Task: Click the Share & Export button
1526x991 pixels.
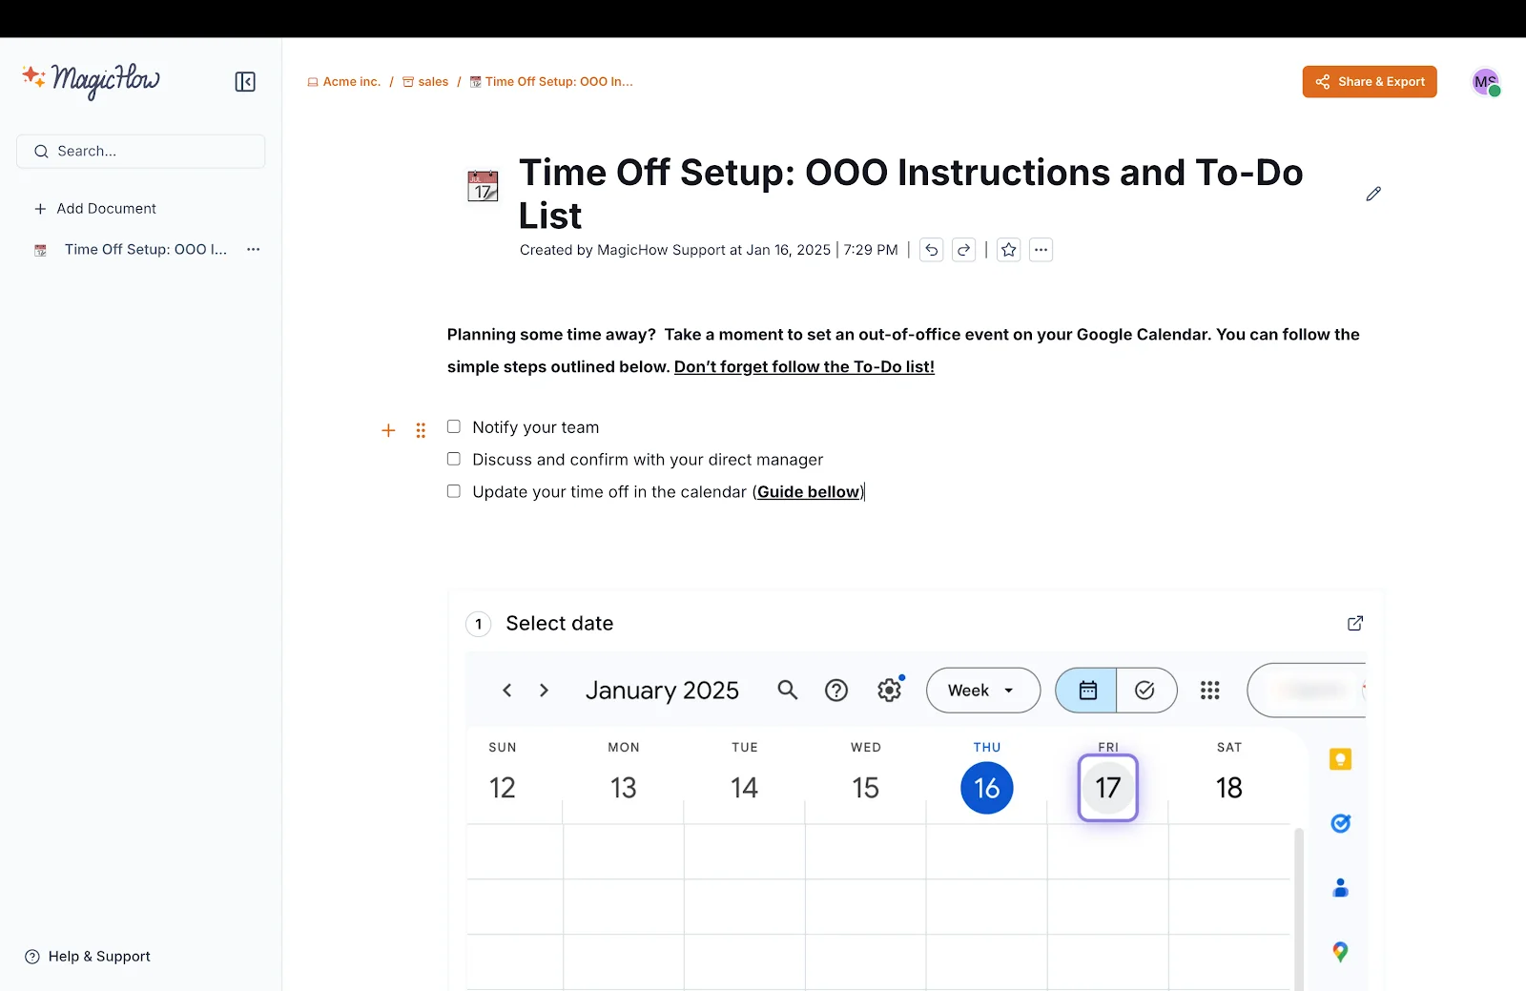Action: tap(1370, 82)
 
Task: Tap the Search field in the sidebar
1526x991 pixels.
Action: tap(141, 152)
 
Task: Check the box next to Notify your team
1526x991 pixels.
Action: tap(454, 427)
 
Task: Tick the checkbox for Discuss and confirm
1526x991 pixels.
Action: tap(454, 459)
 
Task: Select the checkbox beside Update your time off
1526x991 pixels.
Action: tap(454, 491)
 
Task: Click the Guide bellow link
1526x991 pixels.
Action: tap(809, 492)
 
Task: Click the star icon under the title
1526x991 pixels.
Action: tap(1009, 250)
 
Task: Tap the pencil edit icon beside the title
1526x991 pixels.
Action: tap(1373, 195)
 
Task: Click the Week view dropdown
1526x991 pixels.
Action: tap(982, 691)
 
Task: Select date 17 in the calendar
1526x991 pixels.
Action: tap(1107, 788)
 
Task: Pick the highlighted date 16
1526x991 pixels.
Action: tap(986, 788)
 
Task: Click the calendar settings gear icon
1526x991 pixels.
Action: tap(889, 691)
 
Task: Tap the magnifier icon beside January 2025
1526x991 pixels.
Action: tap(787, 690)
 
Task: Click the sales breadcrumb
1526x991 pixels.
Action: tap(425, 82)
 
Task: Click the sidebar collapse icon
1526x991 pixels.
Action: tap(245, 82)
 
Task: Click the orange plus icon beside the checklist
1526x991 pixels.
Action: tap(388, 431)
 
